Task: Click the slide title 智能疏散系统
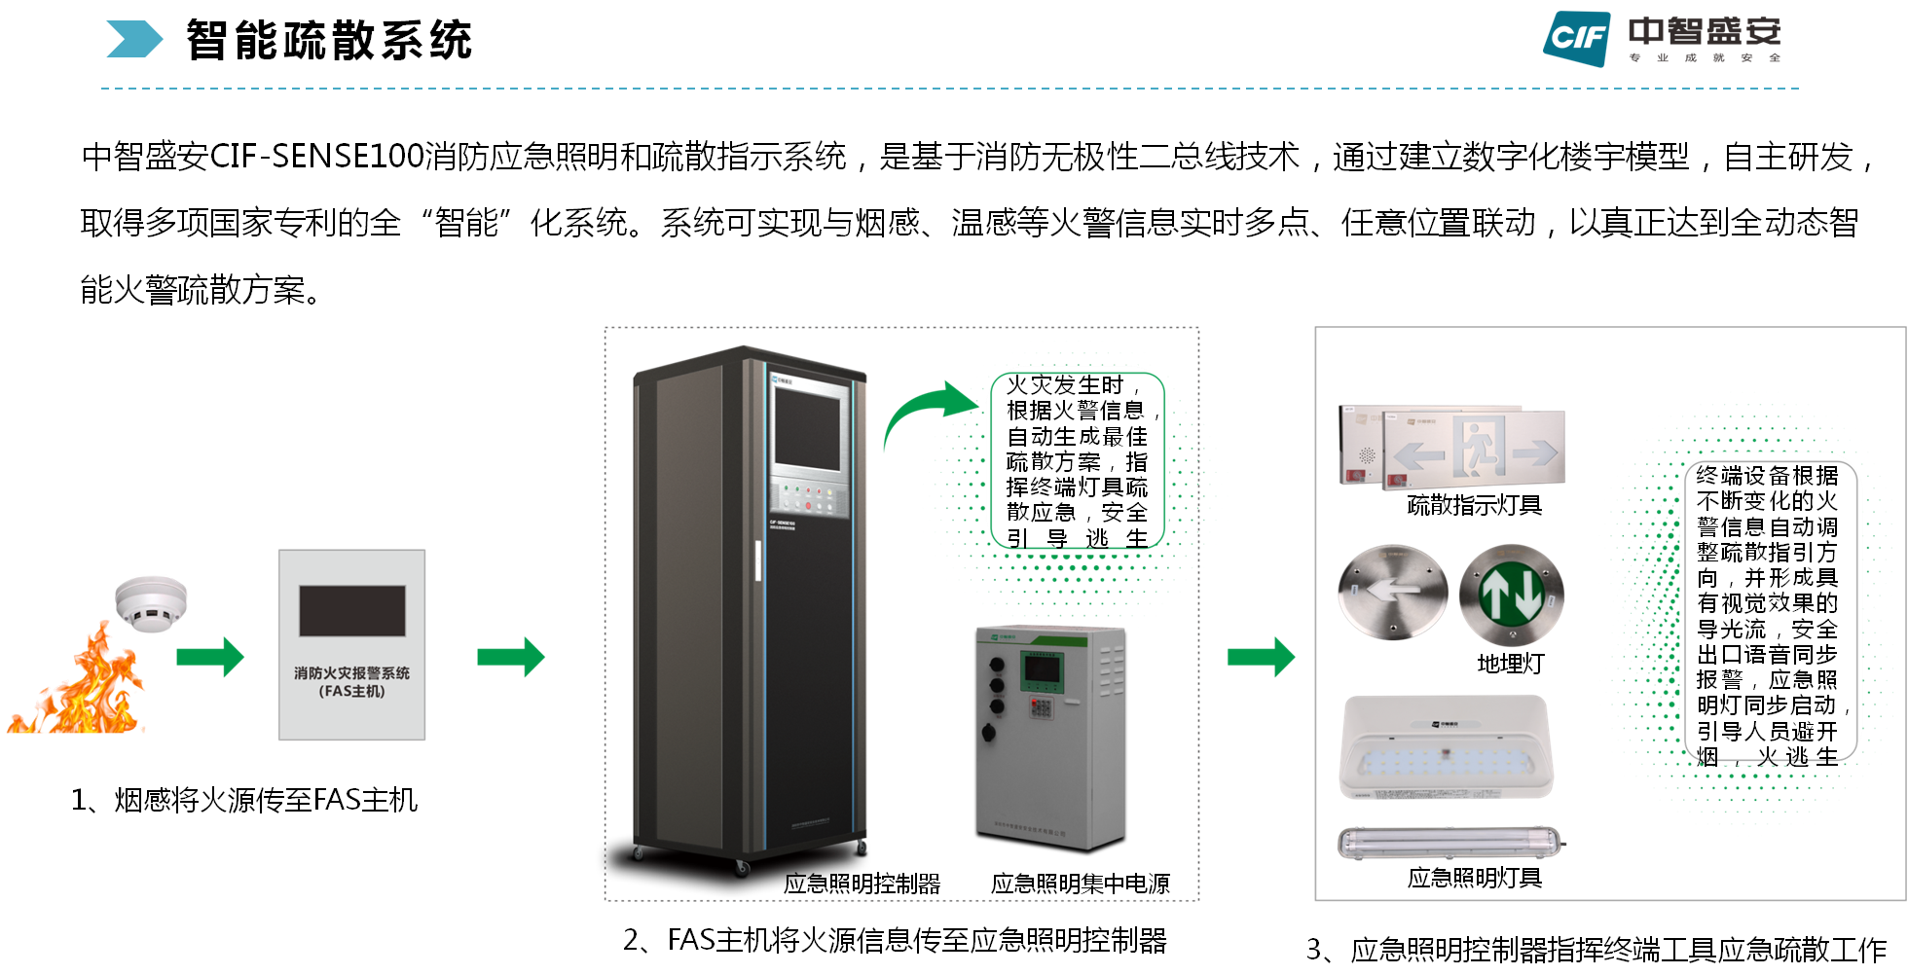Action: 329,41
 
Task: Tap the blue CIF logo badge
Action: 1576,38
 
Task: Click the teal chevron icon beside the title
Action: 133,40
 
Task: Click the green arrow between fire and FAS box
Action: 210,658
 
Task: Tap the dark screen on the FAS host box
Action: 351,610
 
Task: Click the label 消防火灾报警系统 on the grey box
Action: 351,673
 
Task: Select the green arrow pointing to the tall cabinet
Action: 511,658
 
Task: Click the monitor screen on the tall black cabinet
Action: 807,429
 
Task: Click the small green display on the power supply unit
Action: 1042,668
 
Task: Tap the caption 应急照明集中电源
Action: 1080,884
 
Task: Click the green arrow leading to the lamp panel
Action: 1262,658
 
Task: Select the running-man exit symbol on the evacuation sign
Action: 1480,447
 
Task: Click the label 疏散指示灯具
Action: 1474,506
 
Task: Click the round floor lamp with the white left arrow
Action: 1393,591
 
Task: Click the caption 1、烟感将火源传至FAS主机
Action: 244,800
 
